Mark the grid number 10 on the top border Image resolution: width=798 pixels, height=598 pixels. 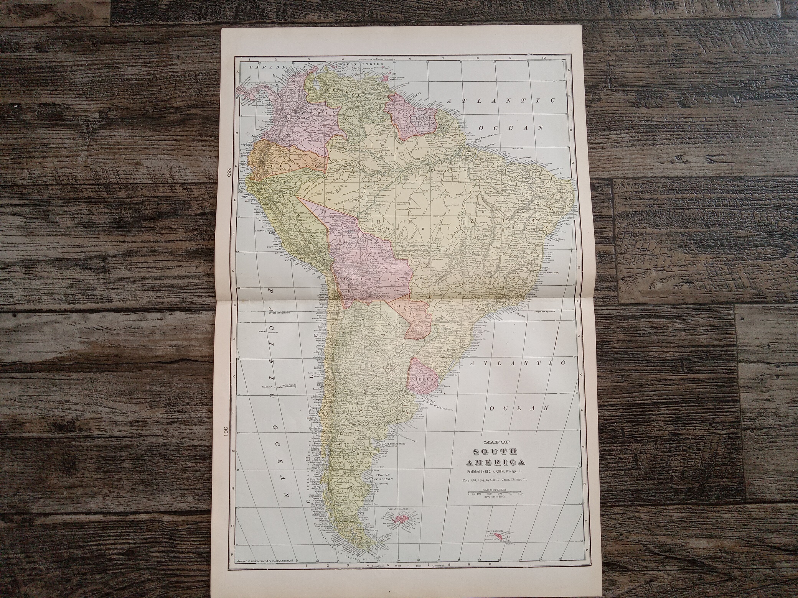click(544, 58)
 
